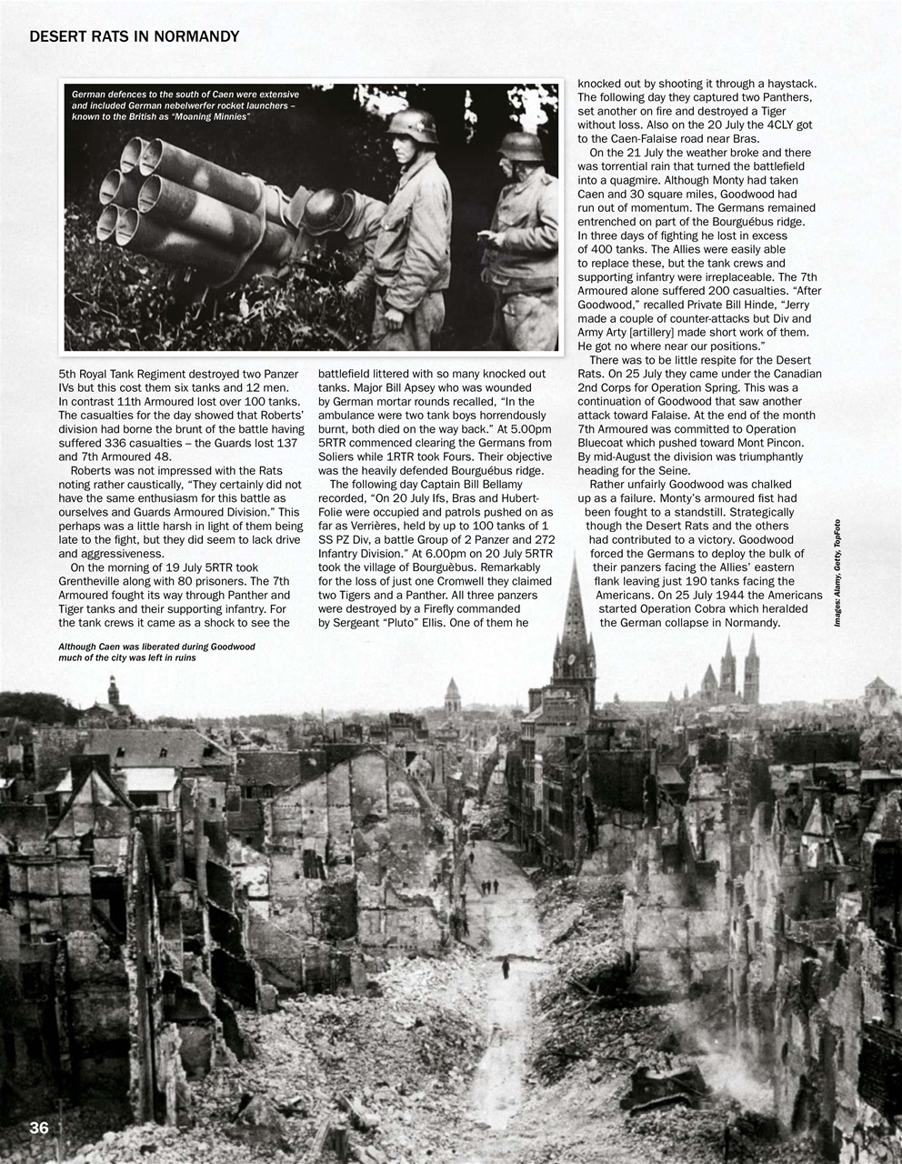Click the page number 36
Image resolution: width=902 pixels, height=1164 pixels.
[38, 1128]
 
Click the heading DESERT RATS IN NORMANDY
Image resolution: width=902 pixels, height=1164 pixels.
[134, 36]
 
